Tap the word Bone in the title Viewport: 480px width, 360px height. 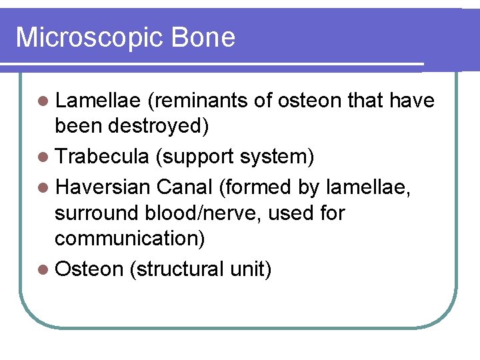pos(203,37)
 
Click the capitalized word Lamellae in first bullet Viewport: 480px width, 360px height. pos(97,101)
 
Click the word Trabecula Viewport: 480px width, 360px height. pos(102,157)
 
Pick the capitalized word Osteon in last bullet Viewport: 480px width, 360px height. pos(89,269)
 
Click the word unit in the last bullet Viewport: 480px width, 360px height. pos(249,269)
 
